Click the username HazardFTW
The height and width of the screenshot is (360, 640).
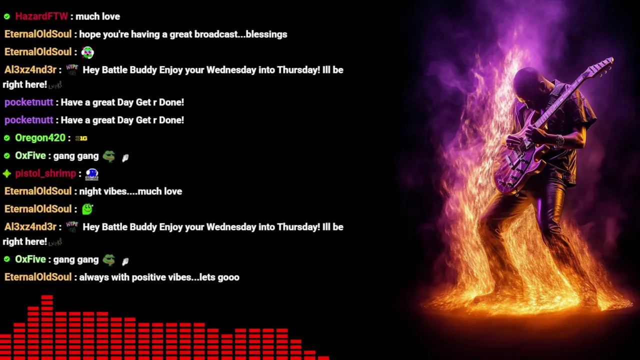tap(41, 16)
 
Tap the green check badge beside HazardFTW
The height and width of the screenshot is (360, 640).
tap(7, 16)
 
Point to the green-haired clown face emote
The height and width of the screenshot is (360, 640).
tap(87, 52)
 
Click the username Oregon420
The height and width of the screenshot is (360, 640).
tap(40, 137)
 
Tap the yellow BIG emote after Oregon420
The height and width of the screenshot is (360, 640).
tap(81, 138)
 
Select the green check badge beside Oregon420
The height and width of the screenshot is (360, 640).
tap(7, 138)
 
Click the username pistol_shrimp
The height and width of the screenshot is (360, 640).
tap(45, 173)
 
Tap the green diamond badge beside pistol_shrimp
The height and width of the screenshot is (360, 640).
tap(7, 173)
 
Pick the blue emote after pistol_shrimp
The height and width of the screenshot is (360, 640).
tap(91, 174)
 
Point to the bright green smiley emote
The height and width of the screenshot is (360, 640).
tap(87, 209)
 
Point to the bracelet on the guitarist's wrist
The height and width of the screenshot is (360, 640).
tap(559, 141)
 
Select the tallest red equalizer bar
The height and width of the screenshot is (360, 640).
tap(47, 327)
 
